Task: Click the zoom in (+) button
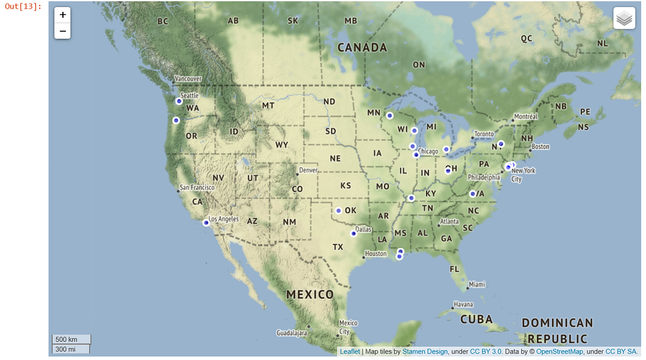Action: [62, 15]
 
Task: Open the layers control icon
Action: [624, 18]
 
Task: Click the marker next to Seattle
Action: [179, 101]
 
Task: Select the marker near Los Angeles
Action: [206, 223]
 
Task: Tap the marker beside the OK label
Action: [339, 210]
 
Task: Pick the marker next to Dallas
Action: [354, 234]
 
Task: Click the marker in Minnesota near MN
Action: [390, 116]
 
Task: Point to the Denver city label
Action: [308, 170]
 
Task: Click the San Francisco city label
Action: [197, 187]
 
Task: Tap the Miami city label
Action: [476, 284]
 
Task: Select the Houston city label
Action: [376, 253]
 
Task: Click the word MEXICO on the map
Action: [310, 294]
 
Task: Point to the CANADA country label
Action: [362, 48]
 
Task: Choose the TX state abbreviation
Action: [338, 247]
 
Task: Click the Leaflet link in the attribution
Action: [350, 351]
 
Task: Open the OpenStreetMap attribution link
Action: [559, 351]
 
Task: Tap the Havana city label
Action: [464, 305]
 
